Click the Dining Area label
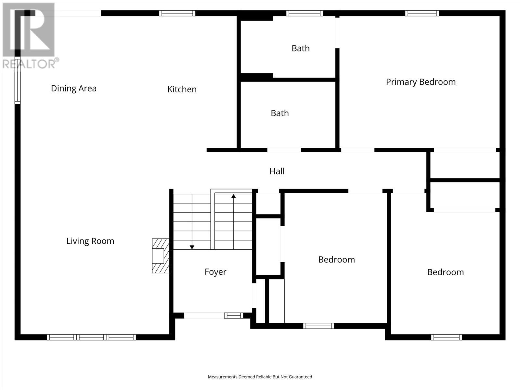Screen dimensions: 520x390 (x=74, y=88)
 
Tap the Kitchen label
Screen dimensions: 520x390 (x=182, y=89)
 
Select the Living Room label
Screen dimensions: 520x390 (x=90, y=241)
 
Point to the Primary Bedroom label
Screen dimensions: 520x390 (x=421, y=82)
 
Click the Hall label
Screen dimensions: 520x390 (x=277, y=171)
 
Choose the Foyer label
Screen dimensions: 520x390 (x=215, y=272)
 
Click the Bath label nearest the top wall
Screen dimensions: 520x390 (x=301, y=48)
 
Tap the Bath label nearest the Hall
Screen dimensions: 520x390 (x=280, y=113)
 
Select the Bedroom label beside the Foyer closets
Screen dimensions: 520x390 (x=337, y=260)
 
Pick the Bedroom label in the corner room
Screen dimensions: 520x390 (x=445, y=272)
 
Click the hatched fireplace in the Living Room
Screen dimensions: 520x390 (x=161, y=256)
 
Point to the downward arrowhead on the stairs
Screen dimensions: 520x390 (x=192, y=247)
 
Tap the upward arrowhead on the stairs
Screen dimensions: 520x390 (x=234, y=196)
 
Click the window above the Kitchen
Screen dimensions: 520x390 (x=177, y=13)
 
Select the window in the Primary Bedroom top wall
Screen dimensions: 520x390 (x=422, y=13)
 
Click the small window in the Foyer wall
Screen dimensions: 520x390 (x=234, y=315)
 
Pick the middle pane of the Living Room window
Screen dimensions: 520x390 (x=91, y=337)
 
